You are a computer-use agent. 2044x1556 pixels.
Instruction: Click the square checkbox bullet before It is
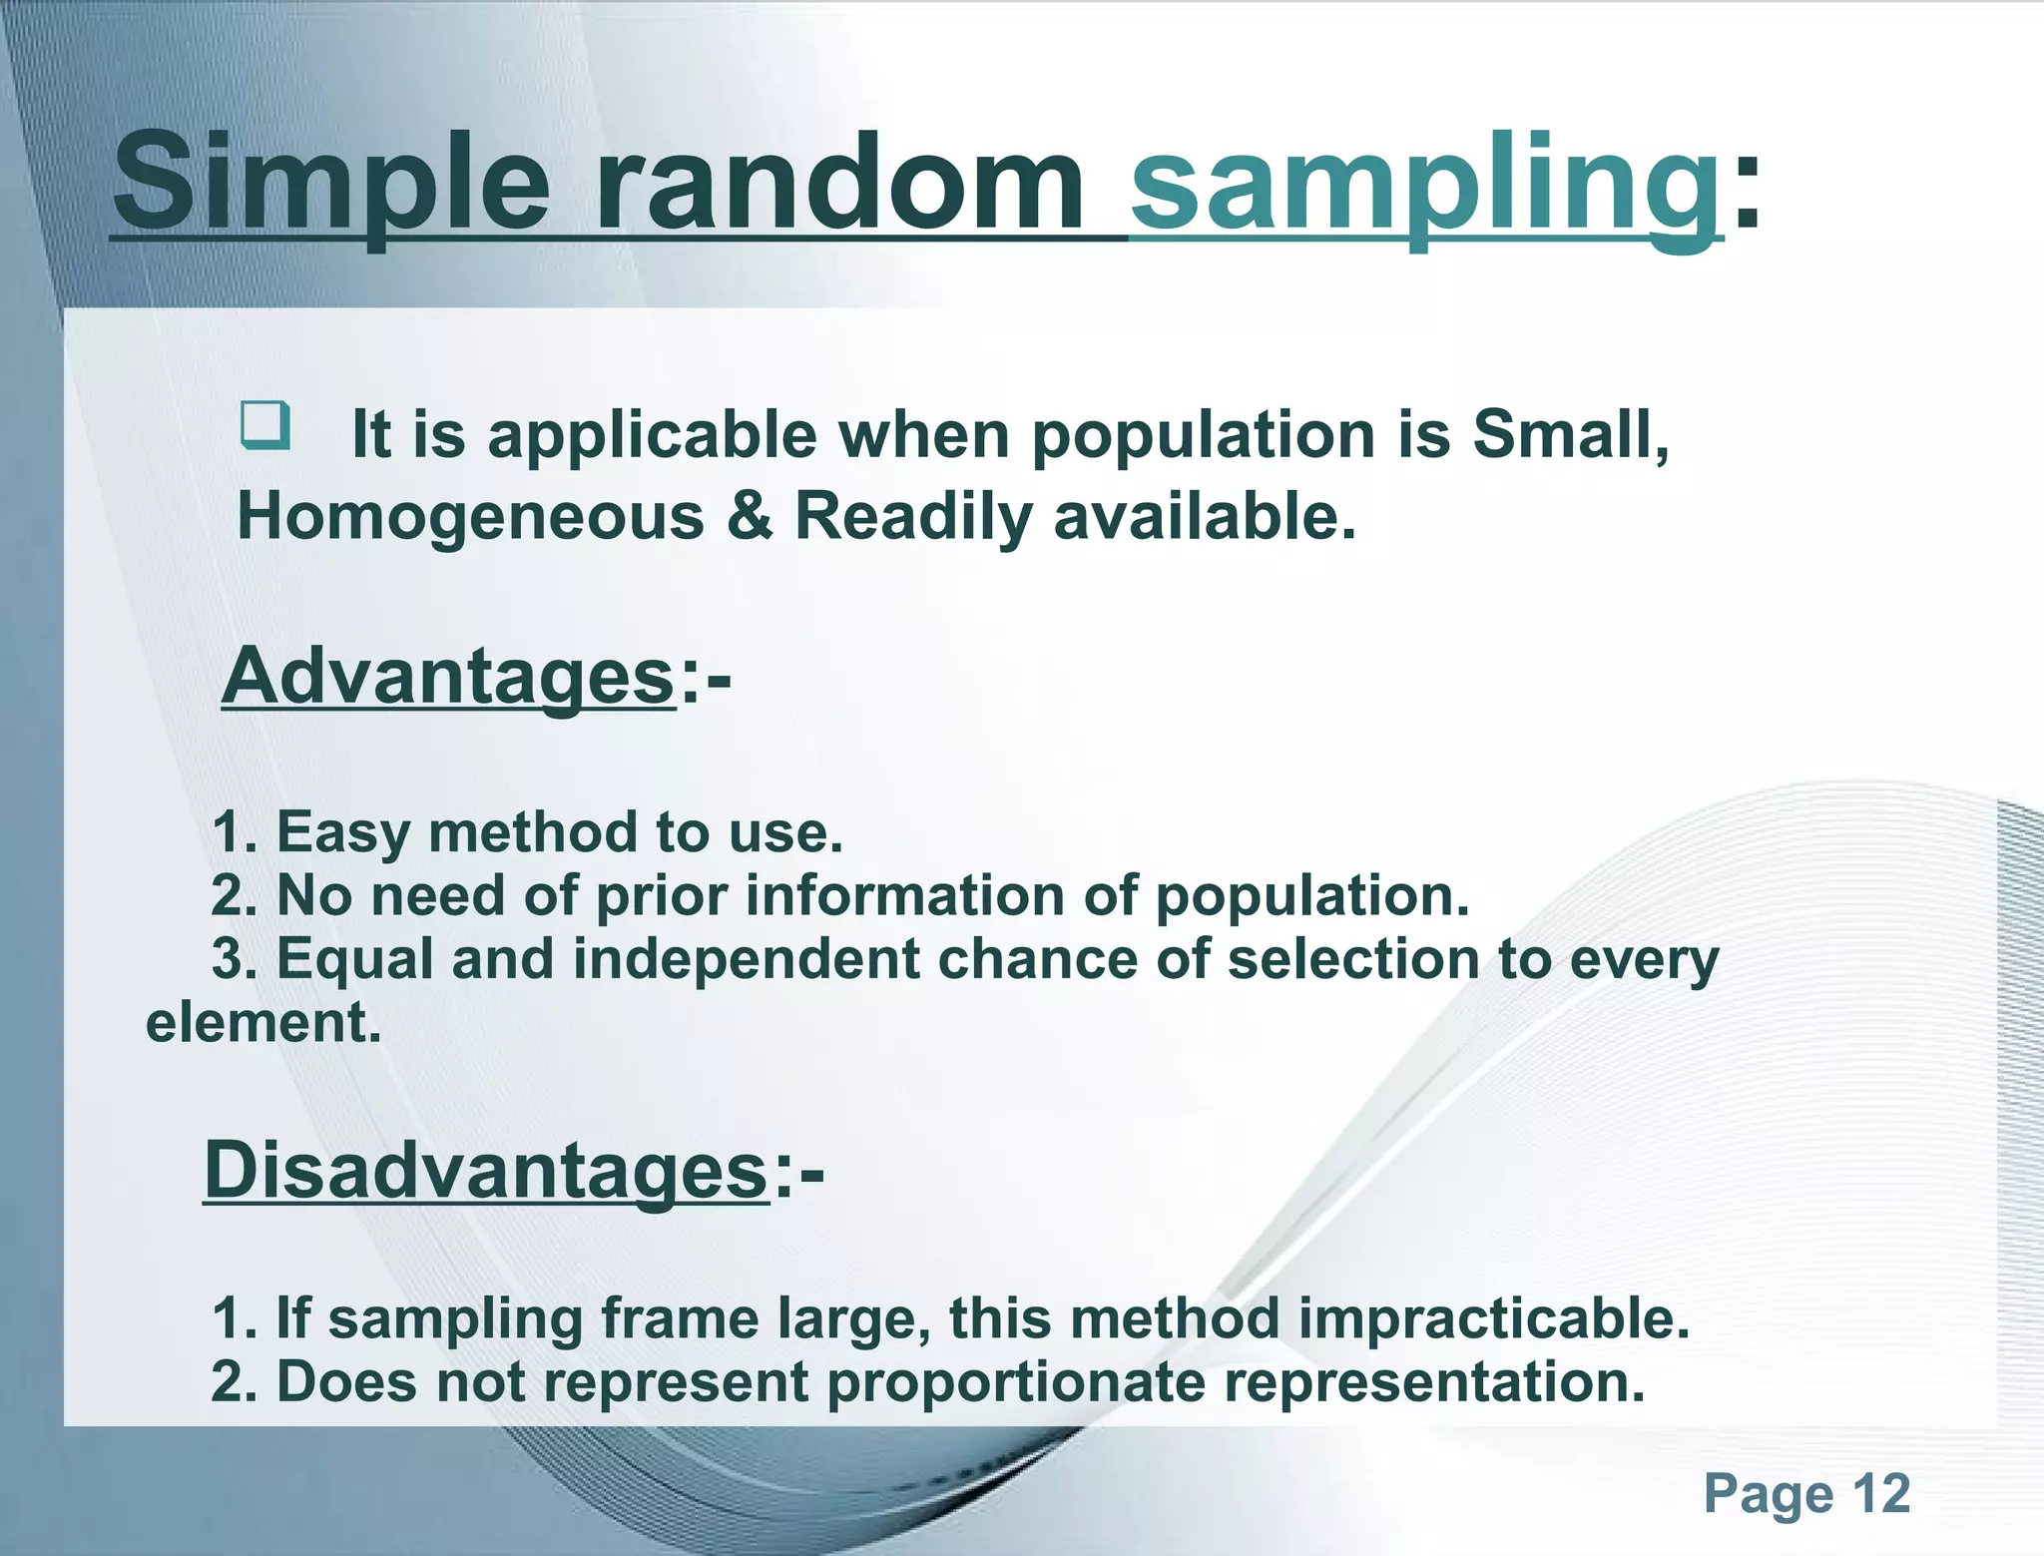[265, 426]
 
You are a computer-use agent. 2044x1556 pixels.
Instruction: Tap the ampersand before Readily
[750, 517]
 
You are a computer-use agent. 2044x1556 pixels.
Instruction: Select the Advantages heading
[449, 676]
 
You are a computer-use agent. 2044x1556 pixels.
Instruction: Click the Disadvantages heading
[486, 1170]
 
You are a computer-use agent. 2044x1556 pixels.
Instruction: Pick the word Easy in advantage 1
[342, 832]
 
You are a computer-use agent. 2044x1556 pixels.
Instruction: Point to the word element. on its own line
[263, 1023]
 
